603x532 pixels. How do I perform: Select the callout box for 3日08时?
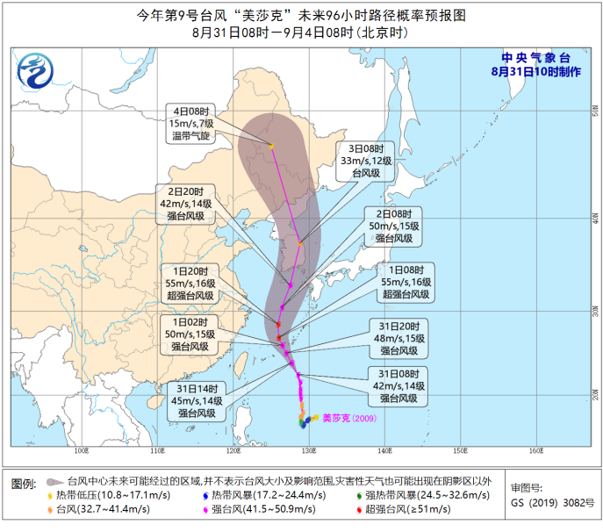370,162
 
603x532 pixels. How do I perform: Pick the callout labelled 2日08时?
397,226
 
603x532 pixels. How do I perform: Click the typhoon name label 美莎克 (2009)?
349,418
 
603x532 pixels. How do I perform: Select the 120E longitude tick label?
233,451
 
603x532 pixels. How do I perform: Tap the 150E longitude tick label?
461,451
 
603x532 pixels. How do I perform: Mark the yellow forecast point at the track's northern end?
272,146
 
